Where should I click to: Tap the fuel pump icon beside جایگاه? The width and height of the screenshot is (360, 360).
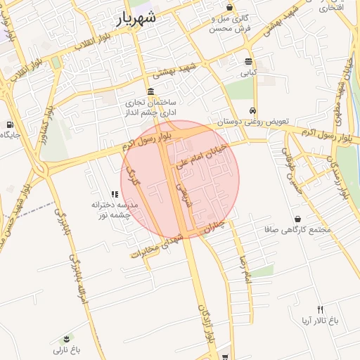click(x=9, y=125)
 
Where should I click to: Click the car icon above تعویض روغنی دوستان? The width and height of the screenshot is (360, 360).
click(x=252, y=111)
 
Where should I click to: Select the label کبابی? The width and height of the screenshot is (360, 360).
click(x=250, y=72)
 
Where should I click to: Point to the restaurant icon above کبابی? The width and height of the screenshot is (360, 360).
click(x=248, y=62)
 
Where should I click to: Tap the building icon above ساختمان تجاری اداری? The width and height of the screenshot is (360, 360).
click(x=151, y=92)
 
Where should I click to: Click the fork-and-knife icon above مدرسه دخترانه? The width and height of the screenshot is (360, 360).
click(x=115, y=194)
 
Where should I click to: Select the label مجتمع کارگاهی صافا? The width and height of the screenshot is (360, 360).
click(x=299, y=230)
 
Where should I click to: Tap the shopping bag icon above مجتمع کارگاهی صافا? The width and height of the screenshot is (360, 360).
click(x=299, y=219)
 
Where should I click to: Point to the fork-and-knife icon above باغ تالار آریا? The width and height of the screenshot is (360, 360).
click(x=320, y=309)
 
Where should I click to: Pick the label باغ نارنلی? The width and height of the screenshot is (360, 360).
click(x=67, y=349)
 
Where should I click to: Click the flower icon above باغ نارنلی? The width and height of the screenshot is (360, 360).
click(x=67, y=339)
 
